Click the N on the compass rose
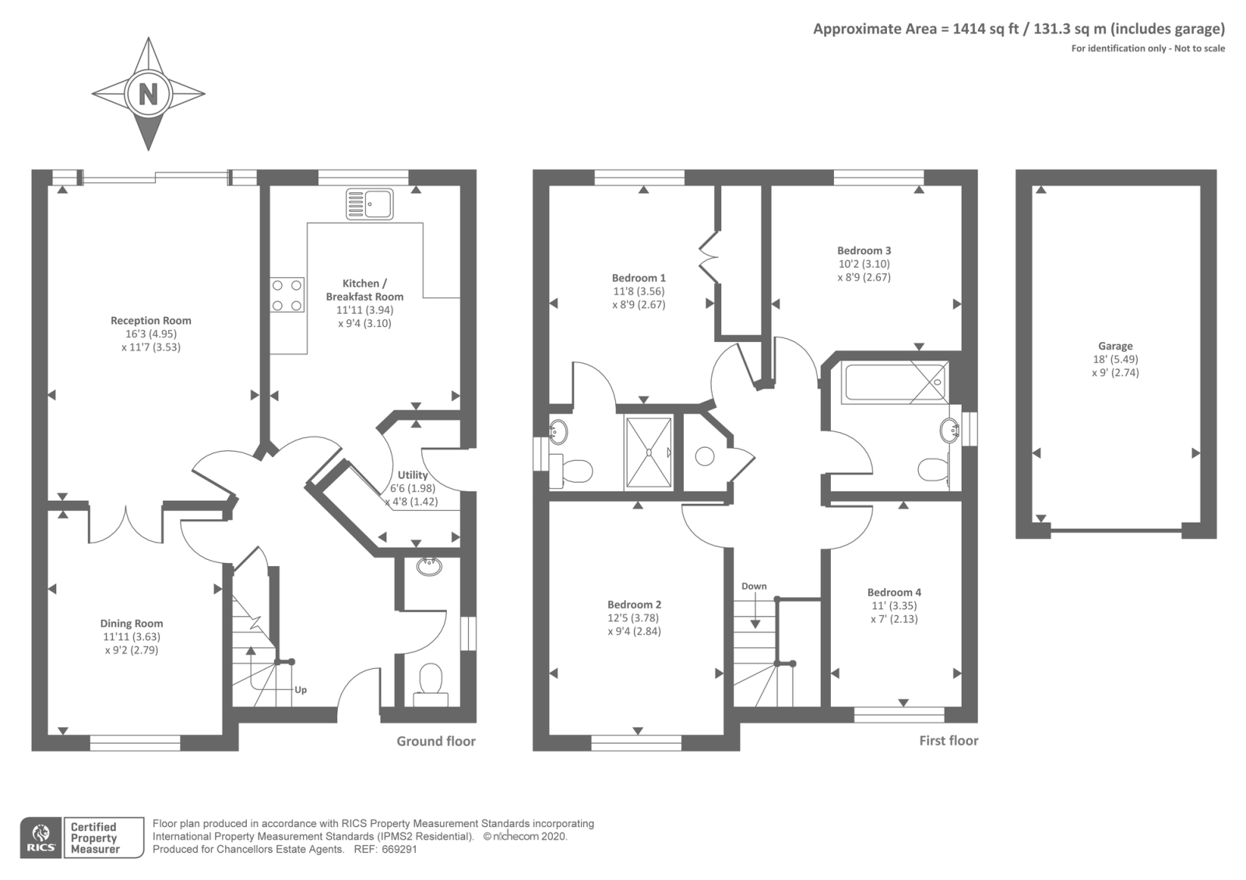coord(148,94)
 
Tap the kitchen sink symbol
coord(369,203)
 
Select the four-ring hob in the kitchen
coord(287,295)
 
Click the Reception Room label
coord(151,320)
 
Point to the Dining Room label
coord(132,624)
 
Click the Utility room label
coord(413,475)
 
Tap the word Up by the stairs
coord(301,690)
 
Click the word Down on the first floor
coord(754,586)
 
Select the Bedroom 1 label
coord(639,277)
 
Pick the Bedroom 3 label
coord(864,250)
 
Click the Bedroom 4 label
coord(894,593)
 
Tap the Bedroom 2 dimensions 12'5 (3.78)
coord(633,618)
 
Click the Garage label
coord(1115,346)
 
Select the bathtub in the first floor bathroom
coord(895,382)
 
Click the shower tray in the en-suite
coord(649,452)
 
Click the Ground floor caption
coord(436,741)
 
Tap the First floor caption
coord(949,741)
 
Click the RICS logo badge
coord(41,838)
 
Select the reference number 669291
coord(399,850)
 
